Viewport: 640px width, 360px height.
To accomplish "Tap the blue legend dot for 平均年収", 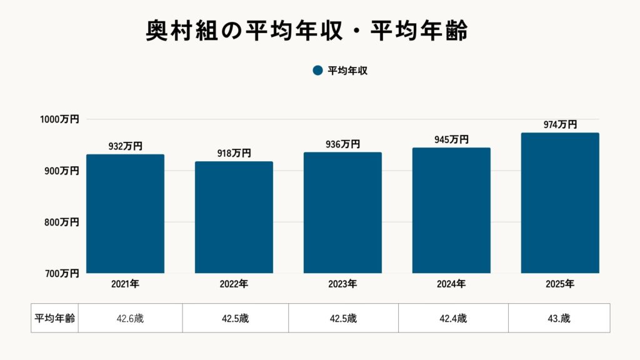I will point(317,71).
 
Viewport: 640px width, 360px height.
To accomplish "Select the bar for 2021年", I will point(125,214).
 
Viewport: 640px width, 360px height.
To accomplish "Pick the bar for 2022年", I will point(234,217).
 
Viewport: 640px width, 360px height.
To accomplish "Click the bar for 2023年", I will point(342,212).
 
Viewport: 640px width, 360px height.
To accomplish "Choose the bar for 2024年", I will point(451,211).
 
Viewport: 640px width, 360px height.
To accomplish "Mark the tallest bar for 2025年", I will point(560,203).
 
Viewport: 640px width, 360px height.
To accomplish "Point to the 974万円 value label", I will point(560,125).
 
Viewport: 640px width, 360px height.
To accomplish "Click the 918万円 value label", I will point(234,153).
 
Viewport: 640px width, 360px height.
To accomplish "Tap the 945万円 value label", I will point(451,140).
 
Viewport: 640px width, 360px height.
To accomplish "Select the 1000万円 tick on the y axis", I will point(61,119).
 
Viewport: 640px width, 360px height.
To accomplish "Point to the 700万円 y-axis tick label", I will point(61,273).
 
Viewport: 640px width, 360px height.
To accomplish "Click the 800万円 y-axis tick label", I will point(61,222).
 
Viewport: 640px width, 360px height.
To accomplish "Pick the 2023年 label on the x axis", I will point(342,284).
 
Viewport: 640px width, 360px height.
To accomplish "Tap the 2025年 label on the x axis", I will point(560,284).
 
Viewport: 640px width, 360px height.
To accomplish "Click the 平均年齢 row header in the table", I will point(54,318).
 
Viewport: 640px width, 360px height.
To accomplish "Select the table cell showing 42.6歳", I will point(130,318).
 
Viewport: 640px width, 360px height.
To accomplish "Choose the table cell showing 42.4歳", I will point(453,318).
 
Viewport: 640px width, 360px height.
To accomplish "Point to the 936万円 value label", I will point(342,144).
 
